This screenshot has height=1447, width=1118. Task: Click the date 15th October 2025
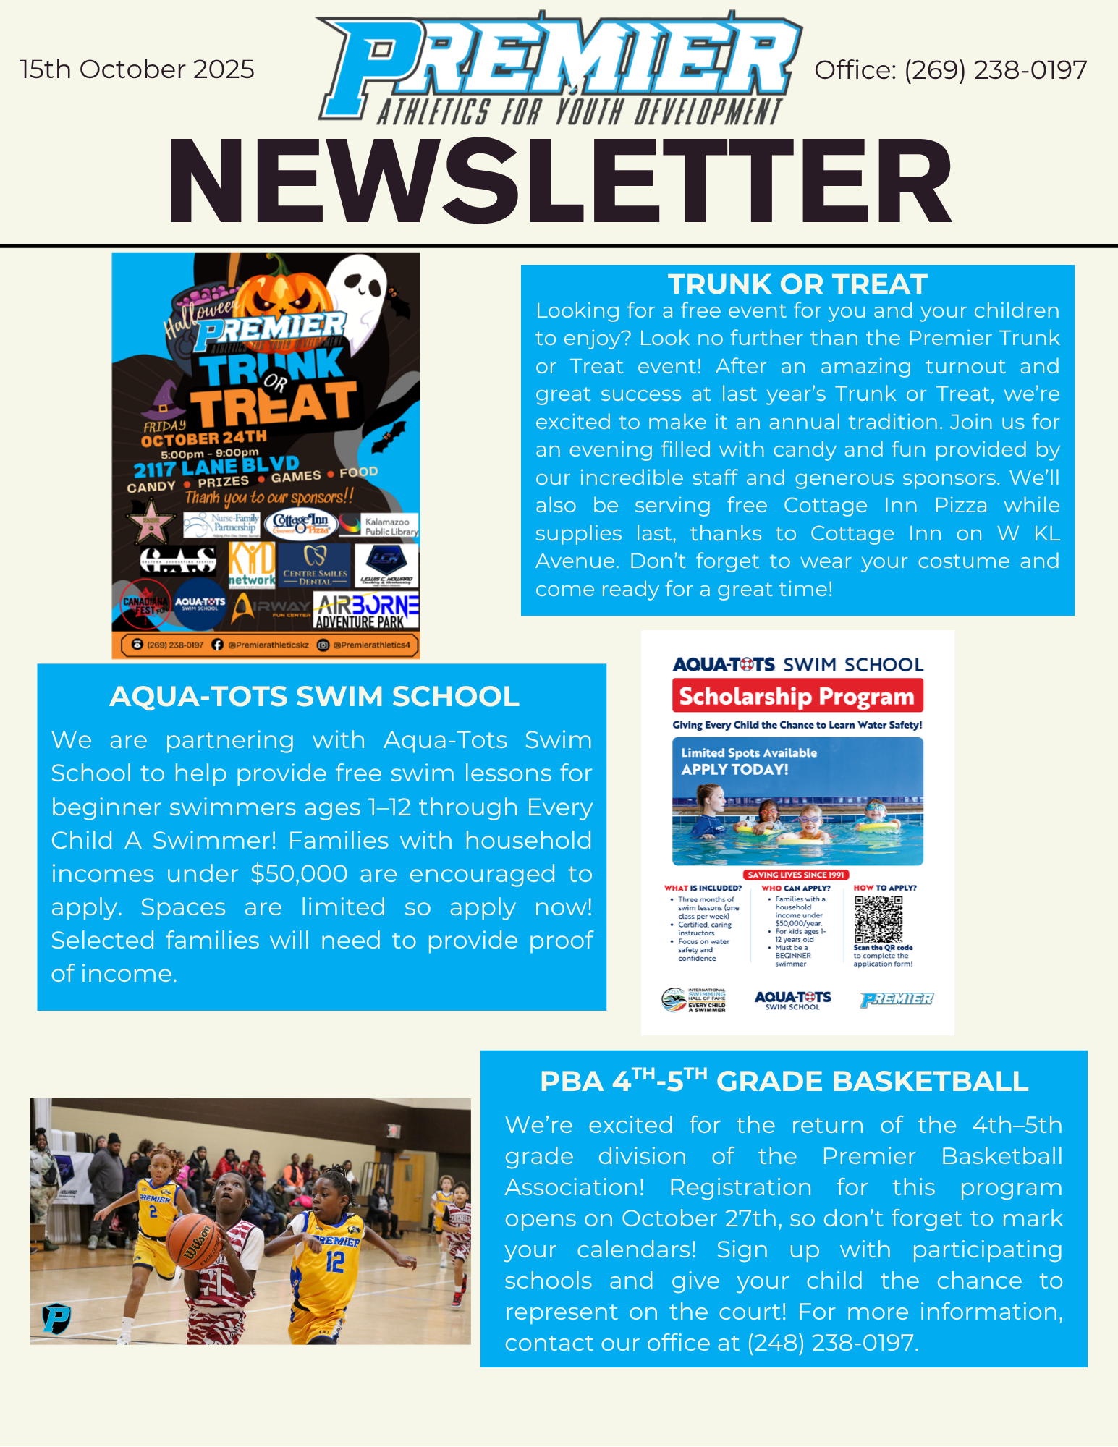point(137,69)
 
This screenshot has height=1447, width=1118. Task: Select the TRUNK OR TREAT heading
point(797,284)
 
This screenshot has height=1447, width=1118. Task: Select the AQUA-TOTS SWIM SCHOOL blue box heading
point(314,696)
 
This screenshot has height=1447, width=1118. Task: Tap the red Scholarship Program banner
point(797,696)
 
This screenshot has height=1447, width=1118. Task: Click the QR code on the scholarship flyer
point(878,920)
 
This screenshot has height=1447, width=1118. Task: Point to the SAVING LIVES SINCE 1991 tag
point(796,875)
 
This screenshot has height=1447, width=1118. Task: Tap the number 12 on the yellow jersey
point(334,1263)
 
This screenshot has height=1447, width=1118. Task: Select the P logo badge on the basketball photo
point(56,1318)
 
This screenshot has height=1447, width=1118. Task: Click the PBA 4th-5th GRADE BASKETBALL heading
point(784,1081)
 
